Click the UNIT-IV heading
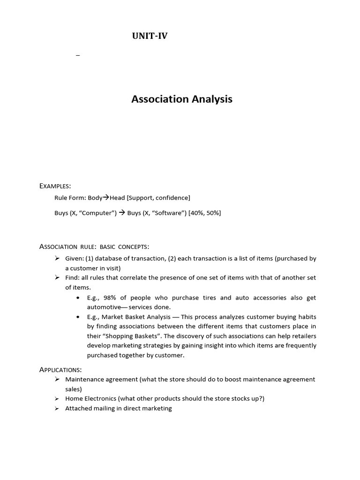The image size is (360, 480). click(150, 37)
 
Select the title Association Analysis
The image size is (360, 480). click(182, 99)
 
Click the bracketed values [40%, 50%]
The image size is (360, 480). click(204, 213)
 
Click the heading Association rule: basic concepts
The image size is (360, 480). click(94, 247)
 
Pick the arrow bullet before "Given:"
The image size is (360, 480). click(57, 258)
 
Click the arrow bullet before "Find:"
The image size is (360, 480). click(57, 277)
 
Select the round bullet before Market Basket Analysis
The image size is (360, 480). click(77, 317)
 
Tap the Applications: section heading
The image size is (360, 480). click(60, 370)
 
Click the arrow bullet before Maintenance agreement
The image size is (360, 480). click(57, 379)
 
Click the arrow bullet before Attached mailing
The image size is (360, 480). click(57, 408)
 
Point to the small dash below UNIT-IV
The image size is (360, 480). click(78, 56)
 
